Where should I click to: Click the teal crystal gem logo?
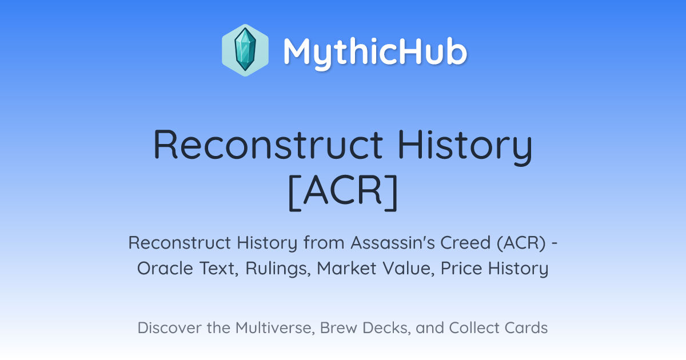pos(245,50)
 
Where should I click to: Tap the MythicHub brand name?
pos(375,53)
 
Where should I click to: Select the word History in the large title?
pos(465,147)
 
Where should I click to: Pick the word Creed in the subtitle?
pos(466,243)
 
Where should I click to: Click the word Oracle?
pos(165,269)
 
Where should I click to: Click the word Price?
pos(461,269)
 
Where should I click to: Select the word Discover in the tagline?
pos(169,328)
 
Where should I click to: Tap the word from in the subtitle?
pos(324,243)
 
